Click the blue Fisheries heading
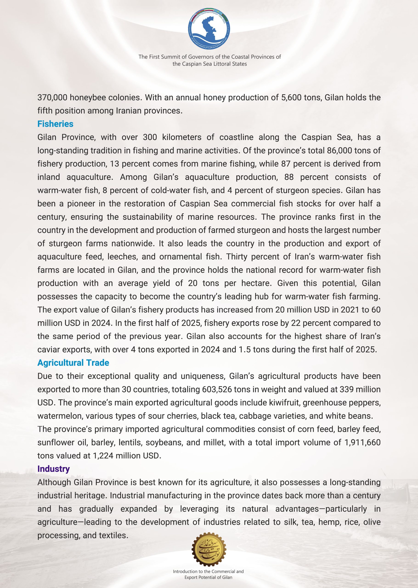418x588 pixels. [x=55, y=124]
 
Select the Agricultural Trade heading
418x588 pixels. [x=73, y=363]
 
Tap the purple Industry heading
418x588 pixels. [x=54, y=469]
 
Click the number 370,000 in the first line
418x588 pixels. [x=53, y=98]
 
